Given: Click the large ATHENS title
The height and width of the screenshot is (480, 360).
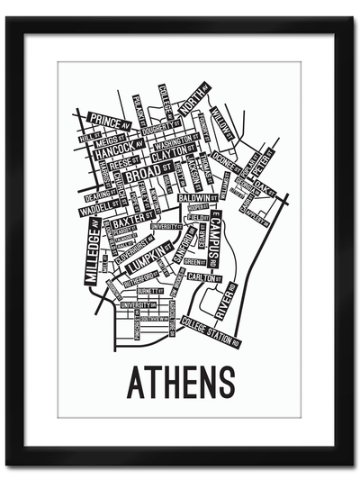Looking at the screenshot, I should tap(180, 383).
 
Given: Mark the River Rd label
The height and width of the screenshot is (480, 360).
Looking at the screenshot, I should tap(224, 301).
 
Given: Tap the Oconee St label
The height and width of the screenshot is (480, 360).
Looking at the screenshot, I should tap(228, 167).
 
